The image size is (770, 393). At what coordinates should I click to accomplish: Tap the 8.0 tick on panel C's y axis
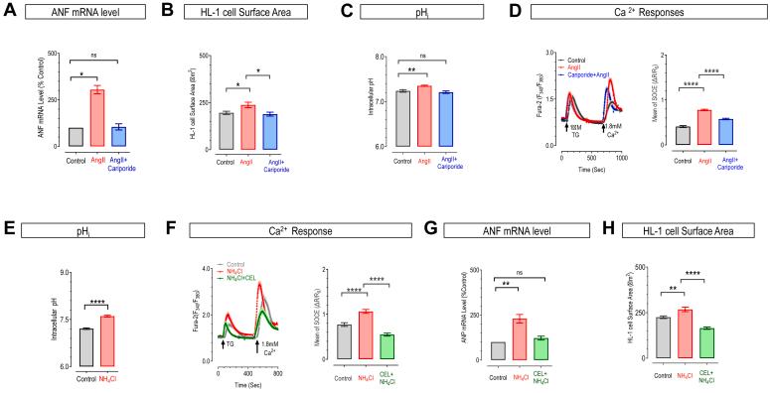[376, 58]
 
